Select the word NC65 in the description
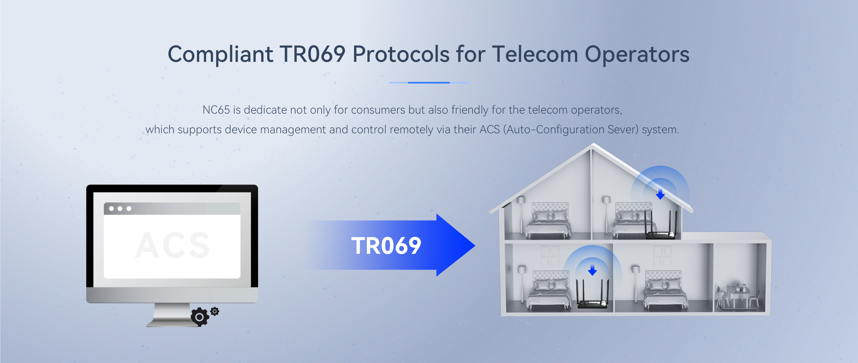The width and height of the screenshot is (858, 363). pos(216,110)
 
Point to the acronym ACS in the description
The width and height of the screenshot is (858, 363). pos(489,129)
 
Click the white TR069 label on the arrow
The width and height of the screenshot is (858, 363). pos(386,246)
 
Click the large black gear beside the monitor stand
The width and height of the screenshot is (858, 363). pos(200,317)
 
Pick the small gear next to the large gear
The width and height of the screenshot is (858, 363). pos(215,311)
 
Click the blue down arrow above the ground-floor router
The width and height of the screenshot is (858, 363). pos(592,270)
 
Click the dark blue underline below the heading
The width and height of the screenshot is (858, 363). pos(429,83)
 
